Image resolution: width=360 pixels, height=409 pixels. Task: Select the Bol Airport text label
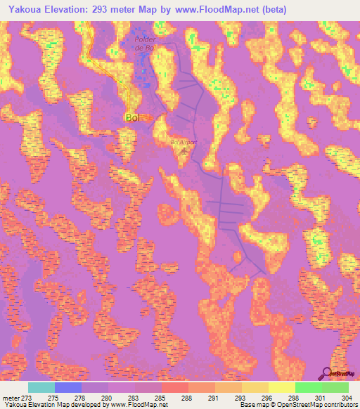click(184, 142)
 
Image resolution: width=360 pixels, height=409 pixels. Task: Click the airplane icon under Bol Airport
click(184, 150)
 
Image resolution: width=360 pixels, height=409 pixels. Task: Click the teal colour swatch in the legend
click(41, 388)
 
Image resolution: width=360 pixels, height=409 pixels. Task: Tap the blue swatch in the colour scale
click(68, 388)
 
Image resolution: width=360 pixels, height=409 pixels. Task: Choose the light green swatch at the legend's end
click(335, 388)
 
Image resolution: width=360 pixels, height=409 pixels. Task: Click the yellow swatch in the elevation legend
click(282, 388)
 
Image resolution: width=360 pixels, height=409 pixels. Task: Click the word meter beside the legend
click(11, 398)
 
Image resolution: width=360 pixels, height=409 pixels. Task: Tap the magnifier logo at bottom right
click(328, 372)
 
